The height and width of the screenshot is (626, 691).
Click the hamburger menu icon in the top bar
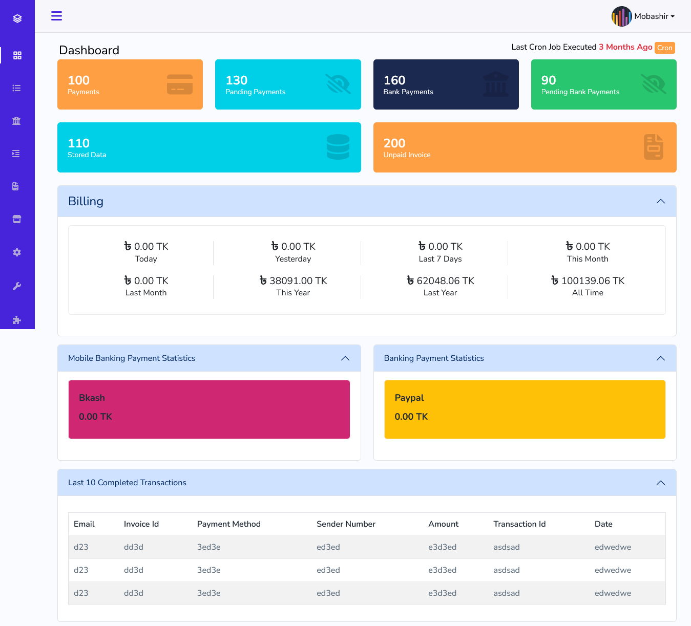click(x=56, y=16)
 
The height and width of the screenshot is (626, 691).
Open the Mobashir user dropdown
click(x=643, y=16)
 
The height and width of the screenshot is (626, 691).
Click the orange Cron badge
click(x=664, y=48)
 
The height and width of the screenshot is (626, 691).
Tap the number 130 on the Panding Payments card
click(x=236, y=80)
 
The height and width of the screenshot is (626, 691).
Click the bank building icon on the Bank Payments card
click(x=495, y=84)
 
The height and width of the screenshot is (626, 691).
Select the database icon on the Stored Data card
click(x=338, y=147)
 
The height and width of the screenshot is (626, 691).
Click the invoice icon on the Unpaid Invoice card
click(x=653, y=147)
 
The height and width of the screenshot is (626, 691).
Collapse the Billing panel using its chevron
click(x=660, y=201)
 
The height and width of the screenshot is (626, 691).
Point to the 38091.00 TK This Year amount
click(x=293, y=280)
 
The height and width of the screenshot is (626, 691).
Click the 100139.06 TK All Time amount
click(x=588, y=280)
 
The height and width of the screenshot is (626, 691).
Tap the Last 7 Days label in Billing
click(x=440, y=259)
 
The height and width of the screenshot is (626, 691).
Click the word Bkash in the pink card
click(x=92, y=398)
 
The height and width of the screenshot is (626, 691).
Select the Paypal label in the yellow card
click(x=409, y=398)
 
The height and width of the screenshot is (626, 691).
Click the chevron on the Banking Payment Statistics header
click(x=660, y=358)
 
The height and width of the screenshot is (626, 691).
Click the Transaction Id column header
click(x=519, y=524)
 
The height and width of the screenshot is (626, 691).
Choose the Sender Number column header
click(x=346, y=524)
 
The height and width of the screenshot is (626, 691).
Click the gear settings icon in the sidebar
click(x=17, y=252)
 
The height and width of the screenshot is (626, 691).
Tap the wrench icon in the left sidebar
click(x=17, y=286)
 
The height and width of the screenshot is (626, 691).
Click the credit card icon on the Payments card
click(x=179, y=84)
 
